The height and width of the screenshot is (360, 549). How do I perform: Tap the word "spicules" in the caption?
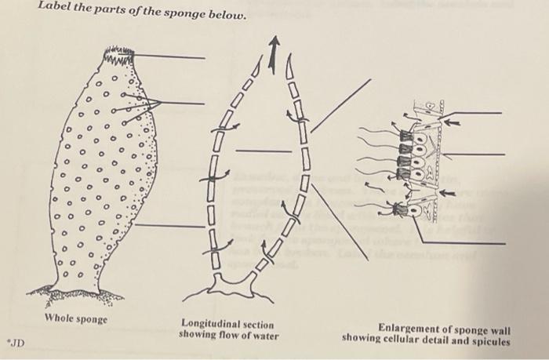coord(489,341)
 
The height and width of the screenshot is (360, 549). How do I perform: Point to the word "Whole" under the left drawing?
coord(60,318)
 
